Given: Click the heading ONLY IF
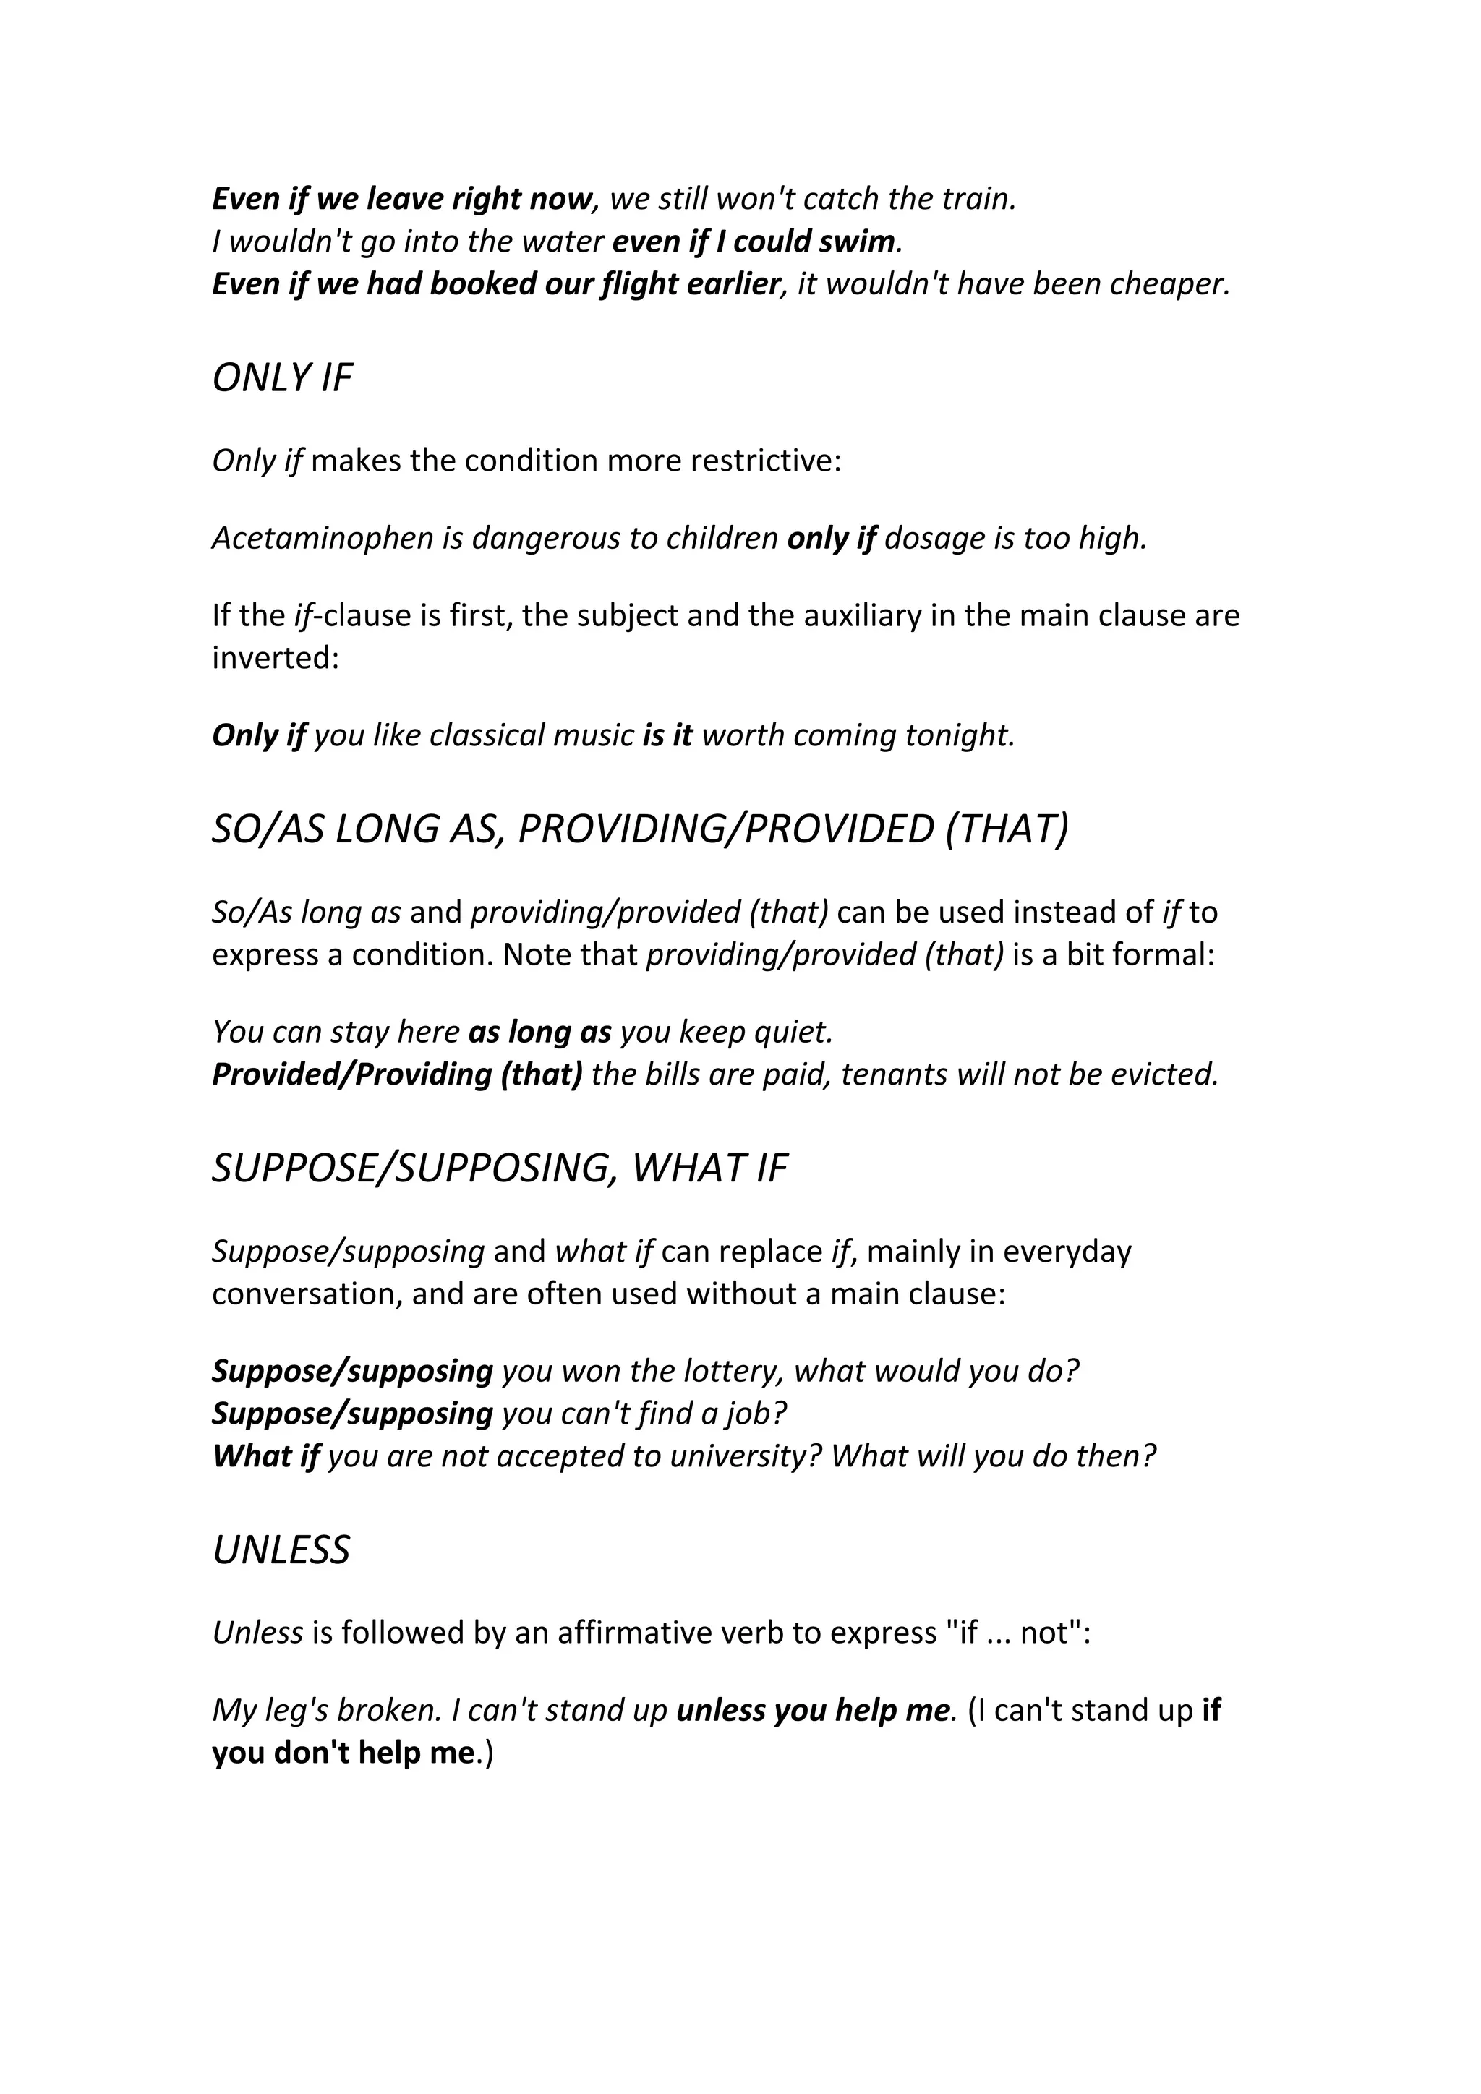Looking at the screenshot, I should pos(282,377).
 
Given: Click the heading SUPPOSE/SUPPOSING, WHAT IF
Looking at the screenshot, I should pos(500,1168).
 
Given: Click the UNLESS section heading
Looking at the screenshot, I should pos(281,1550).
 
